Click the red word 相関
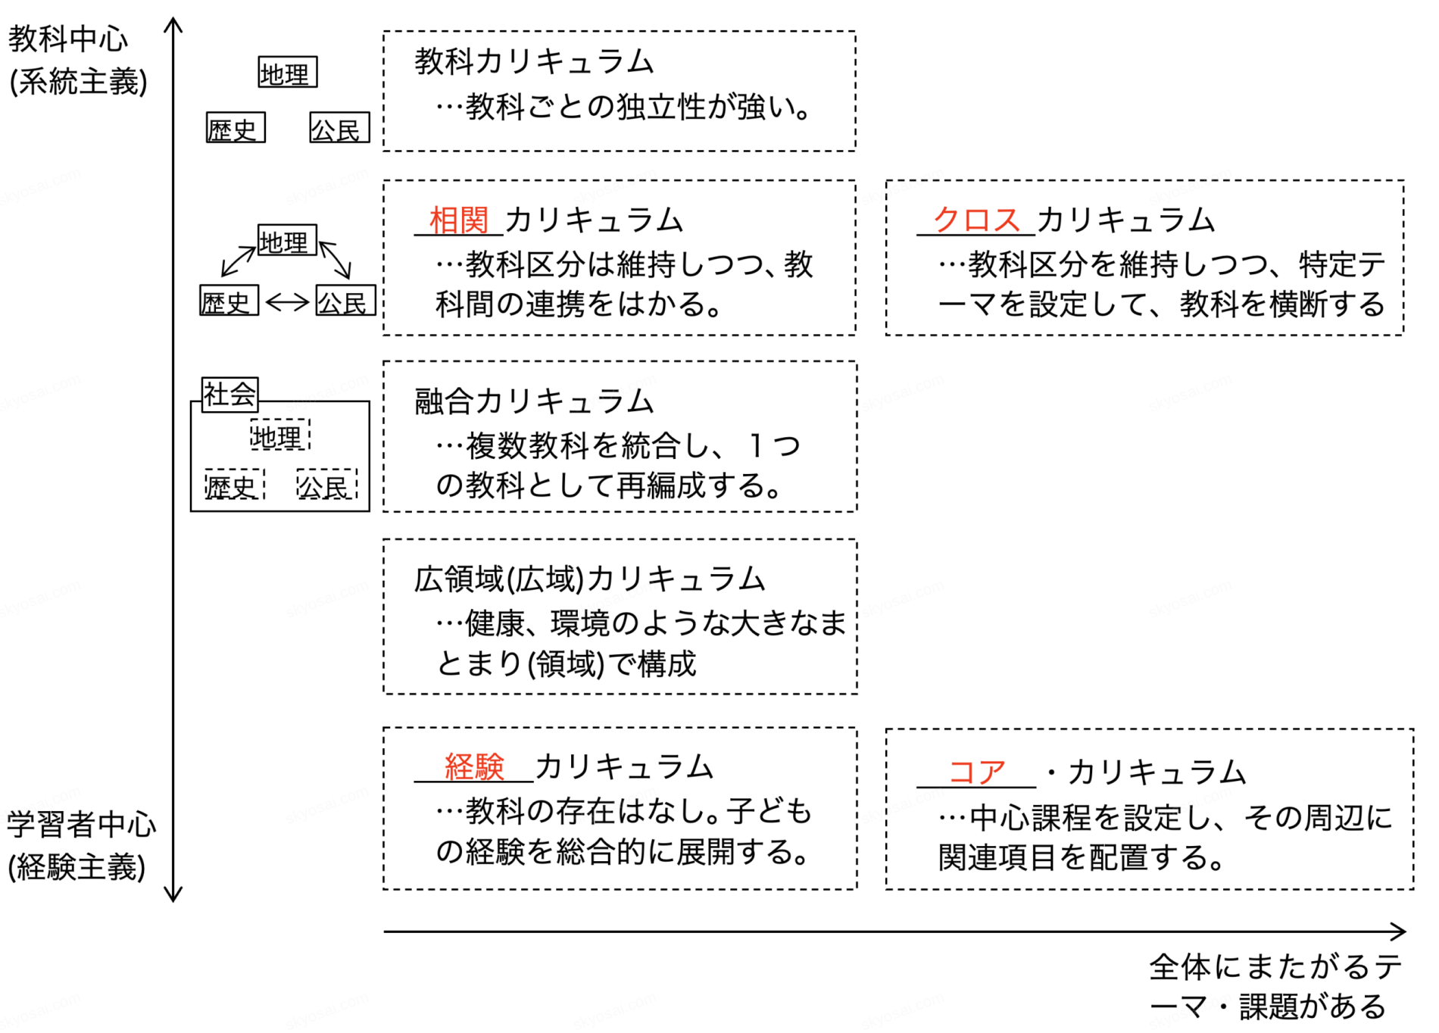coord(459,220)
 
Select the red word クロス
coord(976,220)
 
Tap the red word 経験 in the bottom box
coord(474,766)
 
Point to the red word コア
coord(976,772)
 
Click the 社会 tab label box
coord(229,394)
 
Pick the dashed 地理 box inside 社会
coord(279,435)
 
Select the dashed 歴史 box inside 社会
coord(234,485)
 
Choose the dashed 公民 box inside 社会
coord(326,485)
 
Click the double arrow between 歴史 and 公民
coord(287,301)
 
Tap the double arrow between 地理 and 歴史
coord(238,261)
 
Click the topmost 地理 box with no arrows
coord(287,73)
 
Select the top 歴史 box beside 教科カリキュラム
coord(236,128)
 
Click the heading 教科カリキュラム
coord(534,61)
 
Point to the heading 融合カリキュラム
coord(534,401)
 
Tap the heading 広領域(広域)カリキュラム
coord(589,579)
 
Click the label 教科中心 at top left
coord(68,39)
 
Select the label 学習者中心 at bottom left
coord(81,824)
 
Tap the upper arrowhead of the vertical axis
coord(173,24)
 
